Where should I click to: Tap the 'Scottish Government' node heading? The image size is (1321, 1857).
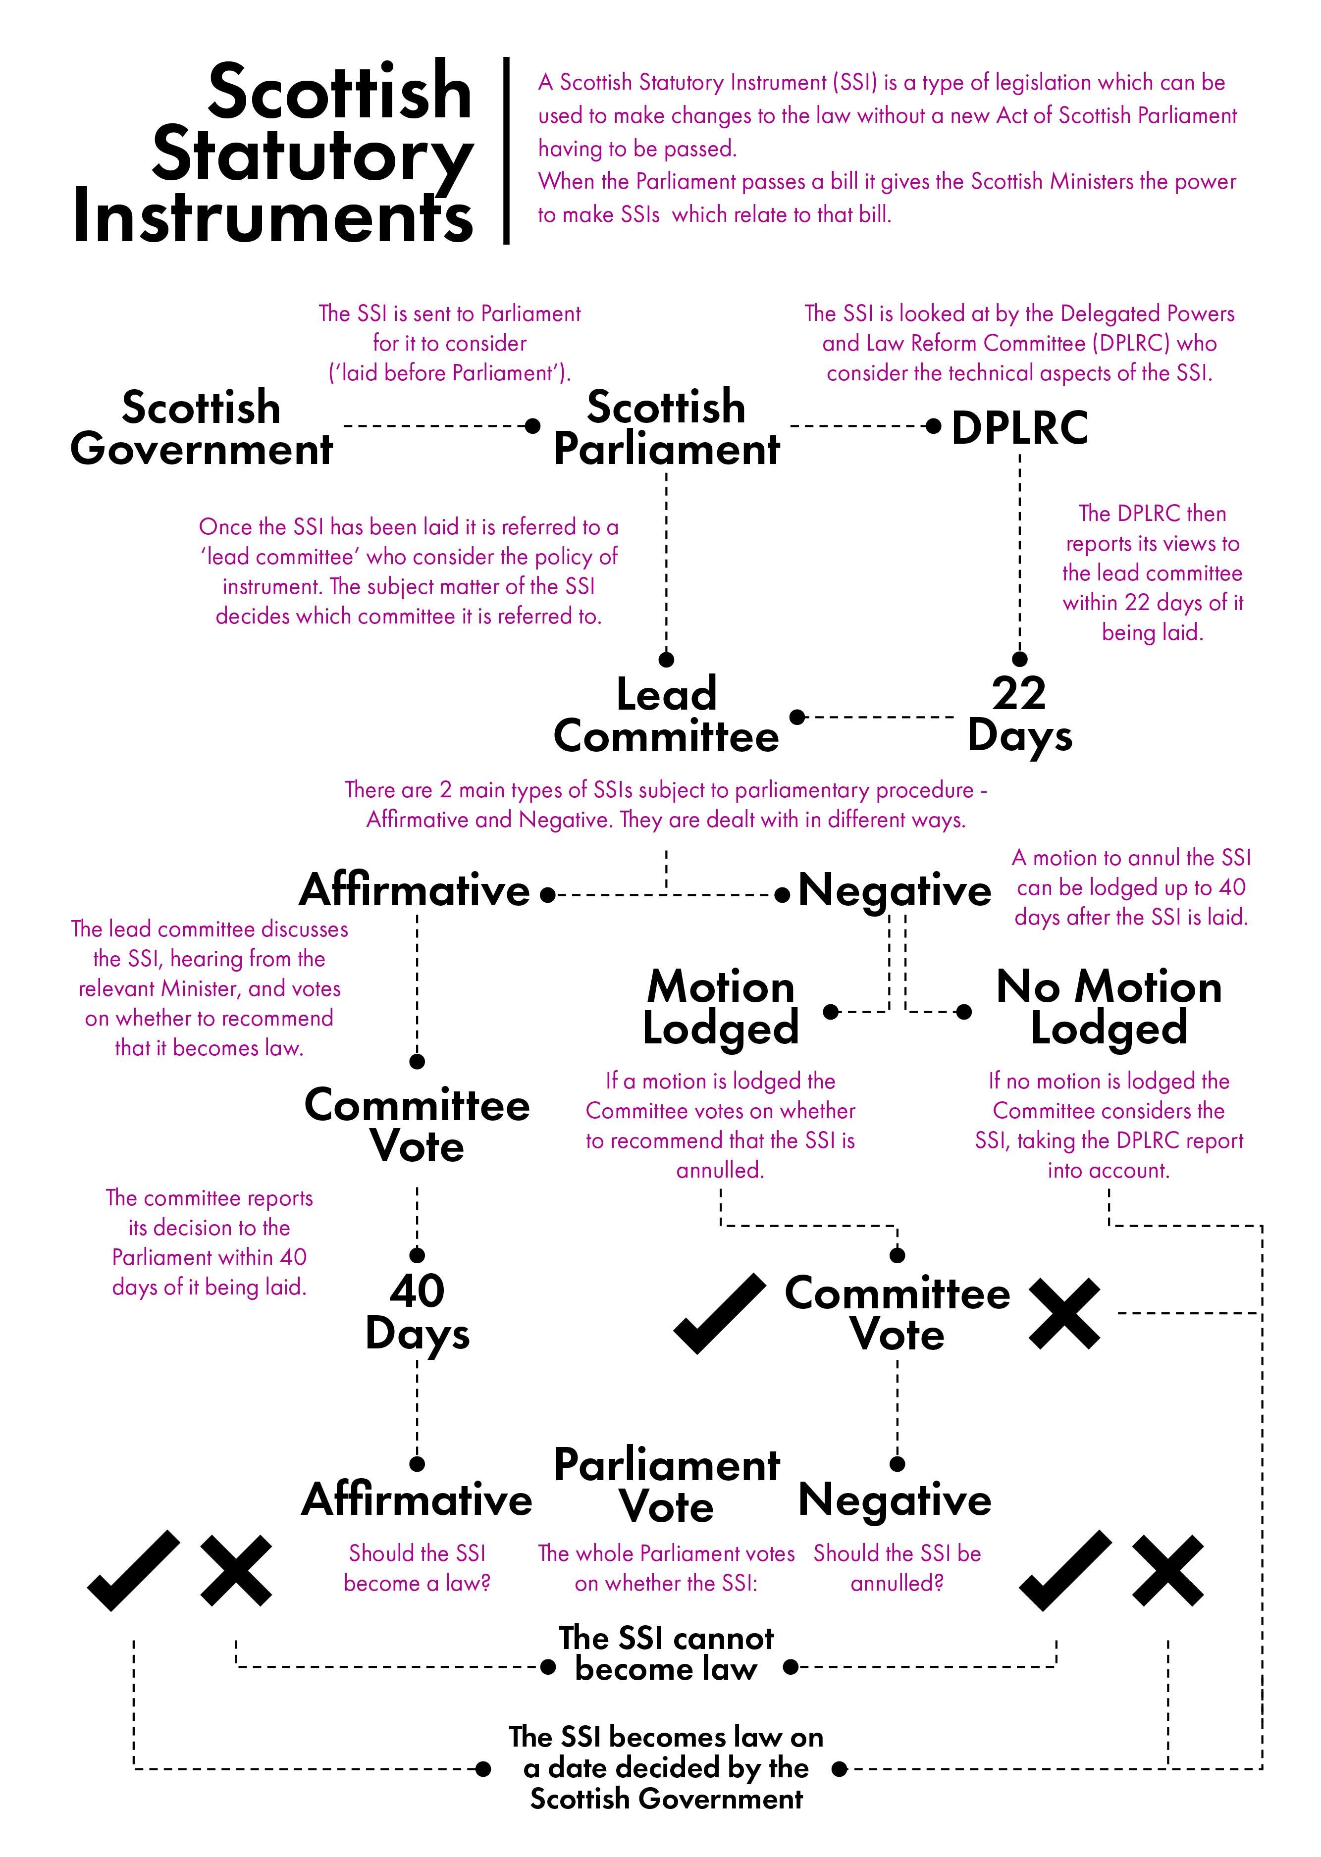(201, 428)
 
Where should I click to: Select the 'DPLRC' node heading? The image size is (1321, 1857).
(1019, 428)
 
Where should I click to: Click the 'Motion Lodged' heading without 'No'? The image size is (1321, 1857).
(721, 1007)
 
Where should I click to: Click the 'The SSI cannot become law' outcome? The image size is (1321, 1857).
(666, 1653)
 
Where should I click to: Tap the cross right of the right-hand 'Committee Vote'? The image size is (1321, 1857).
(1064, 1313)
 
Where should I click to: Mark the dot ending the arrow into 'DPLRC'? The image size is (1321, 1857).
(934, 426)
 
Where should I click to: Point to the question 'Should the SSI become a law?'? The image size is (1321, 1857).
(417, 1567)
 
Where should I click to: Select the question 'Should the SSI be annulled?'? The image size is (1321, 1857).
(897, 1567)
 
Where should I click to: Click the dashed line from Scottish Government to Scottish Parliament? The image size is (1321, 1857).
(435, 426)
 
